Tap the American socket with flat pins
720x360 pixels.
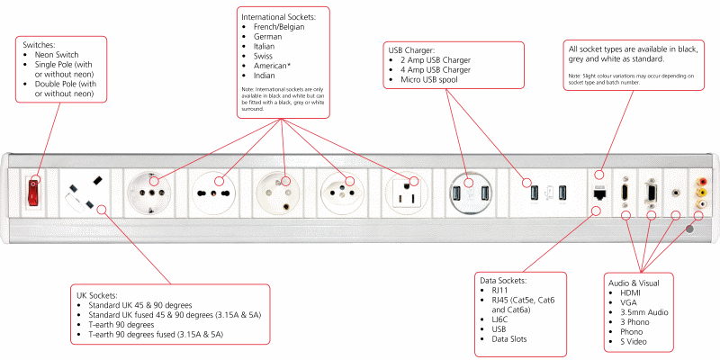(402, 192)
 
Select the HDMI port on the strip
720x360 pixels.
(624, 192)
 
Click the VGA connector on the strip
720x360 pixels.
(650, 192)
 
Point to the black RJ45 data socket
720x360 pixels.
(598, 192)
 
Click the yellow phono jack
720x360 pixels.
(700, 192)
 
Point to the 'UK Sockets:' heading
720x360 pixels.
(104, 294)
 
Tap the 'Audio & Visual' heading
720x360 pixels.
(640, 283)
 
